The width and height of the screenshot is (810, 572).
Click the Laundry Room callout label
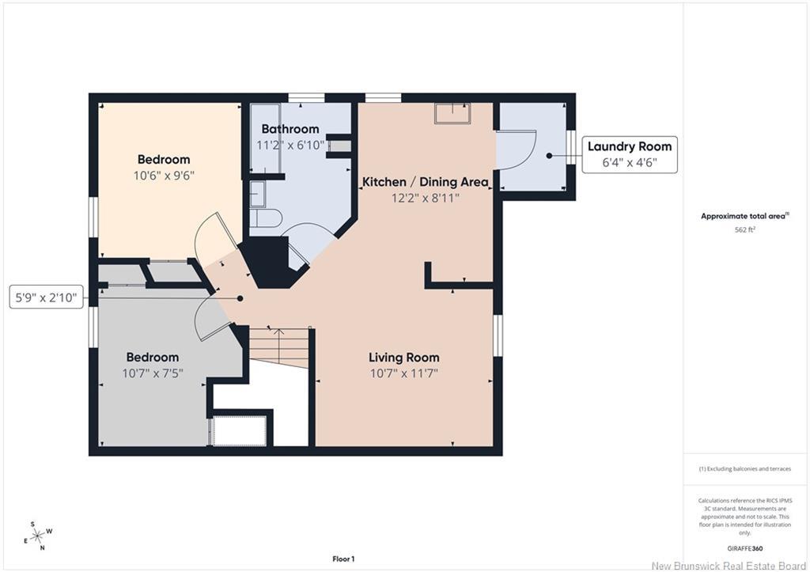pyautogui.click(x=629, y=146)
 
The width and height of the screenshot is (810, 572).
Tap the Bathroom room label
pyautogui.click(x=290, y=129)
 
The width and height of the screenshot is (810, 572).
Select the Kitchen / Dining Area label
pyautogui.click(x=425, y=182)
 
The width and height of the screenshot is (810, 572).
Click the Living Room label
pyautogui.click(x=404, y=357)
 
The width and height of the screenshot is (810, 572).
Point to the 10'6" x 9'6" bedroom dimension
pyautogui.click(x=164, y=175)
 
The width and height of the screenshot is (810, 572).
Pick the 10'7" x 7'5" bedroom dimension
pyautogui.click(x=153, y=373)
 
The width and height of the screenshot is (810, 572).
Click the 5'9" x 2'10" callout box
pyautogui.click(x=46, y=297)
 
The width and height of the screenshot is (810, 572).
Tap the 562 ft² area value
pyautogui.click(x=745, y=230)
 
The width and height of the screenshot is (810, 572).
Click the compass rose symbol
pyautogui.click(x=38, y=536)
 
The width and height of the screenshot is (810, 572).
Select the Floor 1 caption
pyautogui.click(x=343, y=559)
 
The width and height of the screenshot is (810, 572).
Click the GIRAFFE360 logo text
pyautogui.click(x=745, y=549)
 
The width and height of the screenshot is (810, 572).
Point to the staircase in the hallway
pyautogui.click(x=279, y=347)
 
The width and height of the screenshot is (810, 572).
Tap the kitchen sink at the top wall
pyautogui.click(x=452, y=113)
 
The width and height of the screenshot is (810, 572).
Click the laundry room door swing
pyautogui.click(x=517, y=150)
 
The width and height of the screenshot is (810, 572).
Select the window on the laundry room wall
pyautogui.click(x=571, y=147)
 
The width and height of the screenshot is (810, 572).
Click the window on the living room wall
pyautogui.click(x=498, y=335)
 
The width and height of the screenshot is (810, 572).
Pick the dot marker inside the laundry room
pyautogui.click(x=549, y=156)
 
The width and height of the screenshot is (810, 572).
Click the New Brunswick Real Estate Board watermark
pyautogui.click(x=729, y=566)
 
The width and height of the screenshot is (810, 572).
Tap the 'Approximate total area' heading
pyautogui.click(x=744, y=217)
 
